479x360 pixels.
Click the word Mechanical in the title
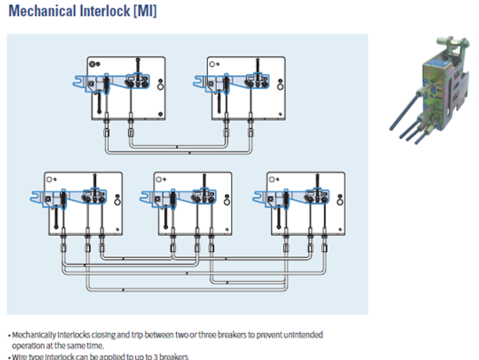[42, 11]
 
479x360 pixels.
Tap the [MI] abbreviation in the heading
[145, 11]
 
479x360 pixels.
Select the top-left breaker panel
[127, 88]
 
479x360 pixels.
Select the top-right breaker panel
[247, 88]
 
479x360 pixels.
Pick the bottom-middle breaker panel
[193, 204]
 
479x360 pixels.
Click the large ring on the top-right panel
[280, 87]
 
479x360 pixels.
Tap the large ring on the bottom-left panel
[117, 201]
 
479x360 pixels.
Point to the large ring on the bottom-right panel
[340, 201]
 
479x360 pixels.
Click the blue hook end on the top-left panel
[79, 82]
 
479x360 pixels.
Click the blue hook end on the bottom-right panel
[259, 197]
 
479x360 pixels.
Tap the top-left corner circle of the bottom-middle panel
[159, 179]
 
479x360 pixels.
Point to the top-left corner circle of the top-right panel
[213, 64]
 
